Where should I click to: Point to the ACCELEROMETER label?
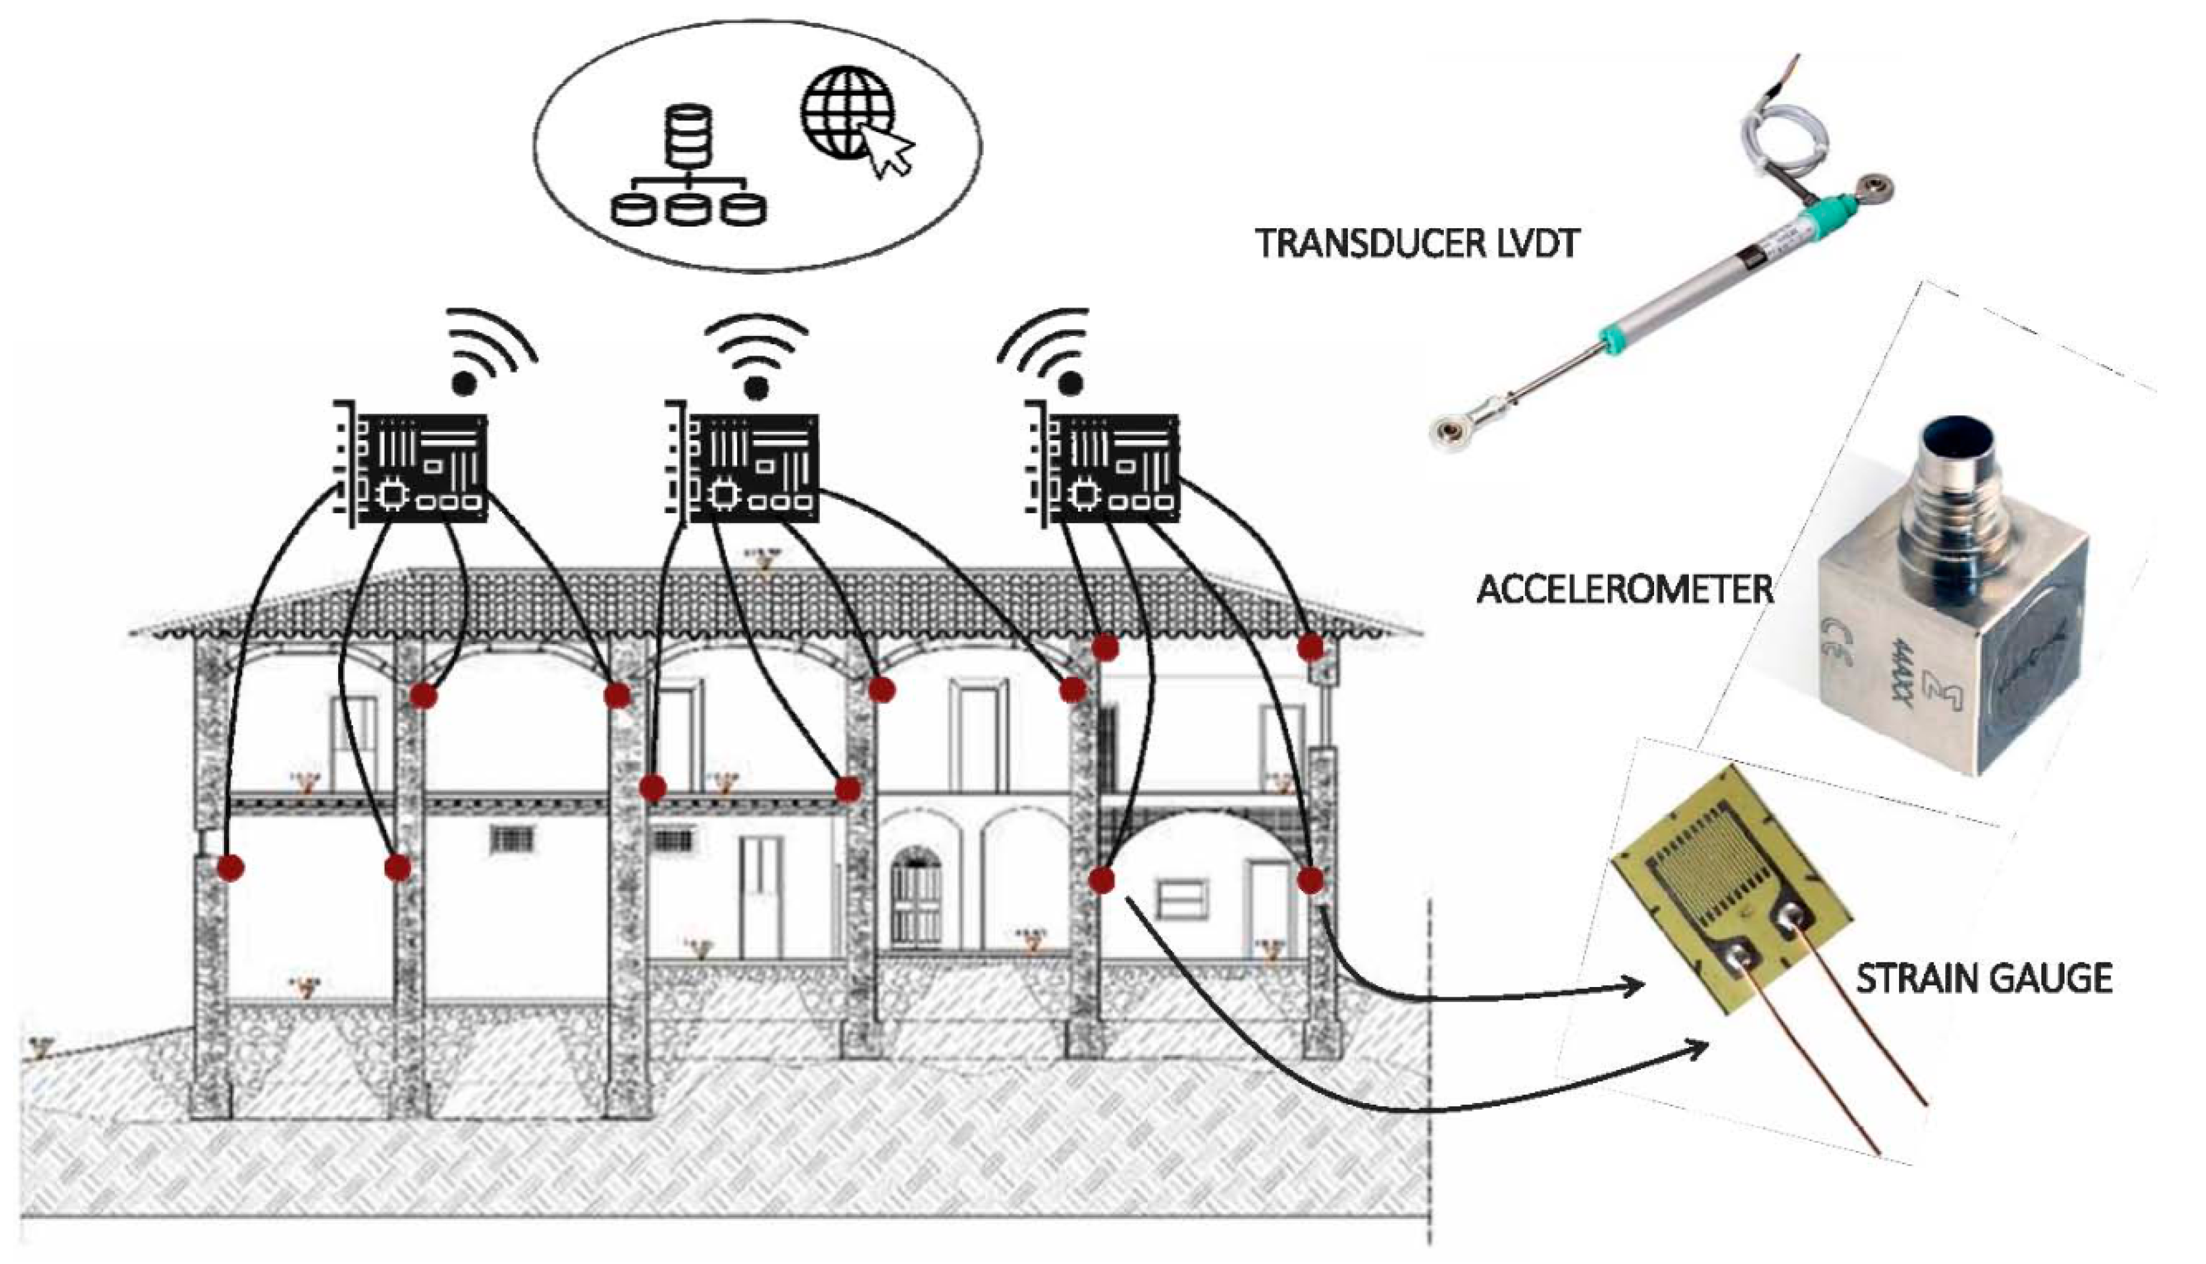coord(1623,591)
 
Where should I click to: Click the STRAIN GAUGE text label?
coord(1984,979)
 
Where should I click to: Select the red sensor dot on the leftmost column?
coord(230,866)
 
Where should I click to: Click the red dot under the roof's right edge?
coord(1311,647)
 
